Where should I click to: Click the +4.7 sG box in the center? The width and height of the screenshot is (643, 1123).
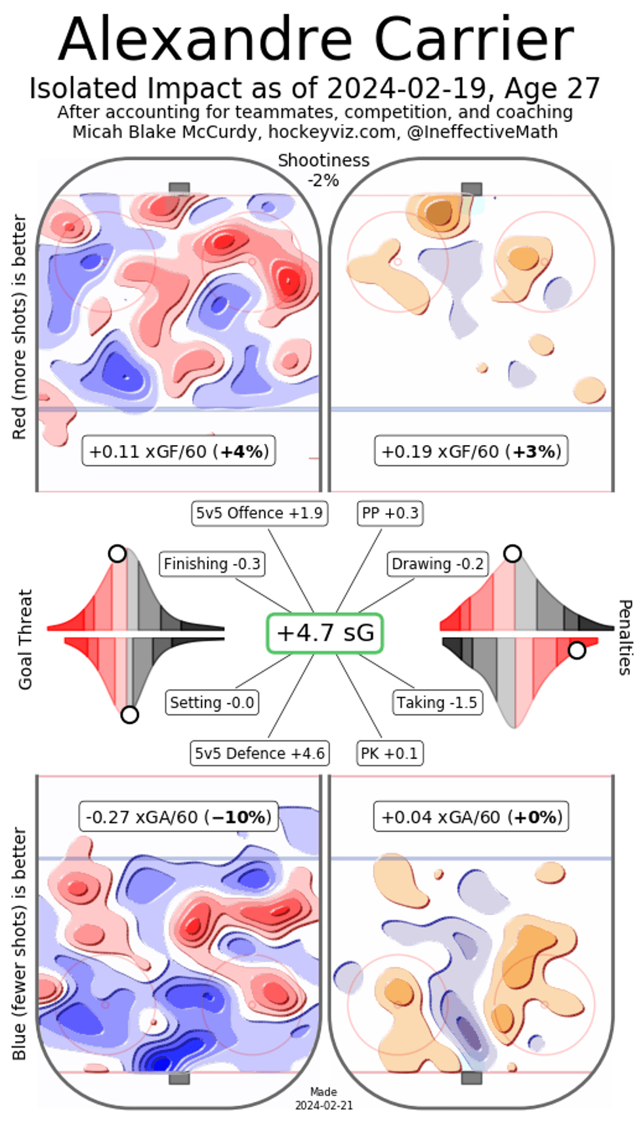(325, 633)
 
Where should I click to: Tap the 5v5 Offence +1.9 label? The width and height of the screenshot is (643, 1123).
(259, 513)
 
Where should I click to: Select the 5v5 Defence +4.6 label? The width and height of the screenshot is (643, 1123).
(259, 753)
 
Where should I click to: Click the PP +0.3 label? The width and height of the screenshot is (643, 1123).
(390, 513)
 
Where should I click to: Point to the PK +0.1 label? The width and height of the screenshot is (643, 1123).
(389, 753)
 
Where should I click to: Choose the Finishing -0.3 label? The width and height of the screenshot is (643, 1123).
(212, 564)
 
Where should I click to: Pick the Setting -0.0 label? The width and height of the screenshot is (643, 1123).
(212, 703)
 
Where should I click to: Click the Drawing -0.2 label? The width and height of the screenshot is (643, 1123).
(438, 564)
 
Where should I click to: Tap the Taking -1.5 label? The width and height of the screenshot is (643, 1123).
(437, 703)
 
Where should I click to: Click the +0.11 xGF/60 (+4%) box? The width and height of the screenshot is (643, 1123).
(178, 452)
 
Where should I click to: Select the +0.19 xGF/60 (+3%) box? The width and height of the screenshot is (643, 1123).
(471, 452)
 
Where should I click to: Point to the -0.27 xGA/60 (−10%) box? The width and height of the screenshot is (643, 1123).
(178, 817)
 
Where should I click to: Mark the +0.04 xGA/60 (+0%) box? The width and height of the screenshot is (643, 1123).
(471, 817)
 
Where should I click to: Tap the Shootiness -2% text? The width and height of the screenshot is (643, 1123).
(323, 170)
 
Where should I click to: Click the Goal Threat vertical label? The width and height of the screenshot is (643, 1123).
(25, 639)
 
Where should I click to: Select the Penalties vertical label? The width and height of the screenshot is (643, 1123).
(625, 637)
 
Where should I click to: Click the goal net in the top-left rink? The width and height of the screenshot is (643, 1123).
(179, 189)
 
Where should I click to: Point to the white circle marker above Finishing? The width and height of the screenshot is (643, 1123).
(117, 554)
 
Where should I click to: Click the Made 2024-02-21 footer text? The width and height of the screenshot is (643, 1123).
(323, 1098)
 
